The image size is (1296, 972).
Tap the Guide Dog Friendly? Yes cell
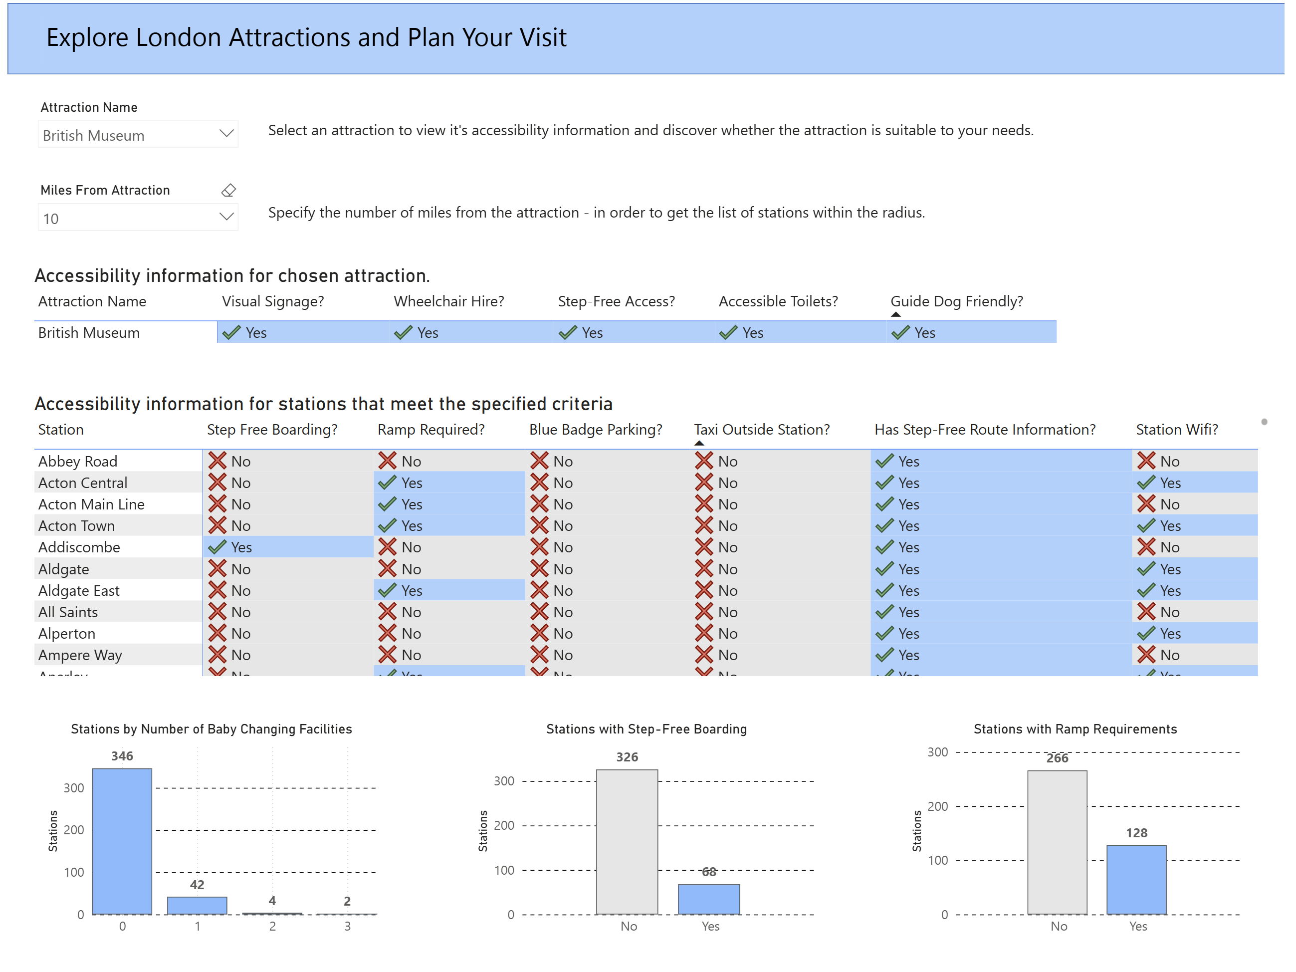tap(924, 333)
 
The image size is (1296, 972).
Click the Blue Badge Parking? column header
tap(595, 430)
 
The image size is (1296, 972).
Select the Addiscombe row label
tap(79, 547)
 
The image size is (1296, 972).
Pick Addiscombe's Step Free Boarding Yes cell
tap(241, 547)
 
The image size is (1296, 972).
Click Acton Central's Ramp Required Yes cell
tap(412, 483)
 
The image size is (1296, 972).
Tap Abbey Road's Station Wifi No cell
tap(1169, 461)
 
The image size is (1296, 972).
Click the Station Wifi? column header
tap(1176, 430)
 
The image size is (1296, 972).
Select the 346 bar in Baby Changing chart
tap(122, 841)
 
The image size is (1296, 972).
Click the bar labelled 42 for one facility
tap(197, 905)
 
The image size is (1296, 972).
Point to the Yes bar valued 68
tap(708, 899)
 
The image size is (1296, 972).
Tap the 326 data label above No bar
tap(627, 757)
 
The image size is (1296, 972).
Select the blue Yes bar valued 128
tap(1136, 879)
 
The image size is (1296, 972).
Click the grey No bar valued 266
tap(1057, 842)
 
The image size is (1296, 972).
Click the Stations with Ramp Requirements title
tap(1075, 729)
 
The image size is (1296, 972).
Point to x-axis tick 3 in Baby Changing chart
tap(347, 926)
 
